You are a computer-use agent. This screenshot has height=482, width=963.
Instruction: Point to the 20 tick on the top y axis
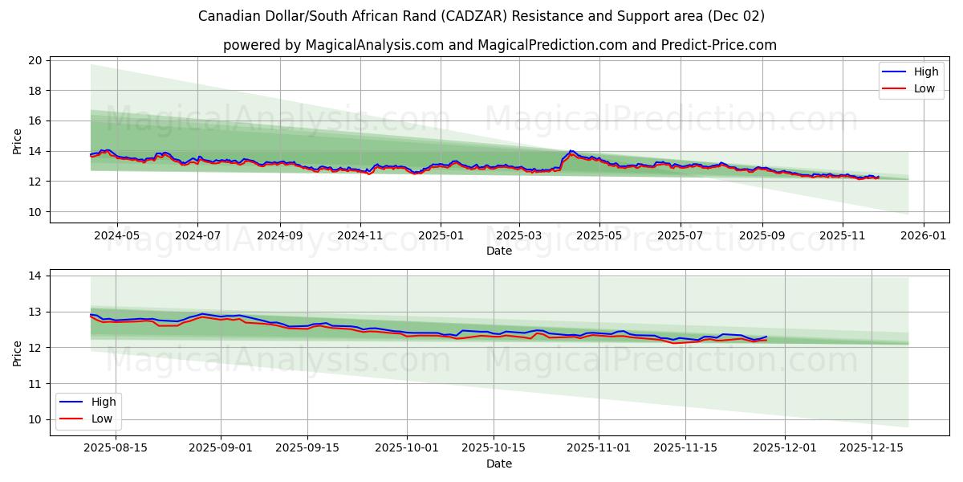pos(35,60)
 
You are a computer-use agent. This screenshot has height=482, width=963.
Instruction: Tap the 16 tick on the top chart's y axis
pos(35,120)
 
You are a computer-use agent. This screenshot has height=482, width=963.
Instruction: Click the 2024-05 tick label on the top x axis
pos(117,236)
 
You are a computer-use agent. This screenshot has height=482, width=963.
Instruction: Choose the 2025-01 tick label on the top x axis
pos(440,236)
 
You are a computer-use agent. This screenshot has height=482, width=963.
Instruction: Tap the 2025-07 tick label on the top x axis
pos(680,236)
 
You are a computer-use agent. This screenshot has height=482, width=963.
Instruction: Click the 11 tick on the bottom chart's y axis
pos(35,384)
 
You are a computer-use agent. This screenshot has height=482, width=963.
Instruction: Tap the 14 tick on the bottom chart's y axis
pos(35,276)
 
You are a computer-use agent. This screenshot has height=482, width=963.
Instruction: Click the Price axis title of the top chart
pos(18,140)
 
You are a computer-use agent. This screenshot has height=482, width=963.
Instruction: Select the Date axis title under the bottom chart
pos(499,464)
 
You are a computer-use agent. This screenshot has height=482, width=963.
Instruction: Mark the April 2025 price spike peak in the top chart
pos(571,150)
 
